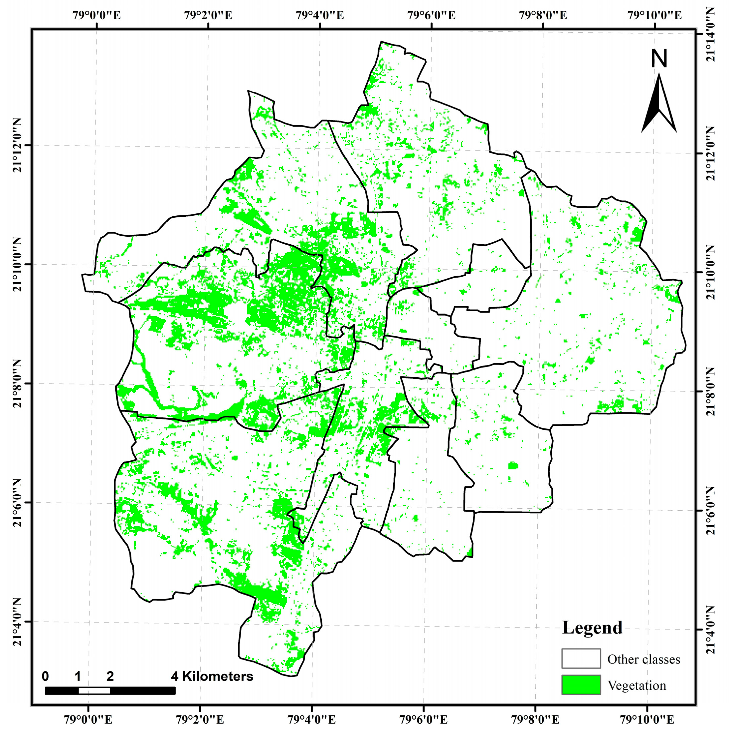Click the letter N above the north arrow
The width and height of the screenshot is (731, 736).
[659, 59]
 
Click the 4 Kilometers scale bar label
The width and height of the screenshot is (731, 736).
[212, 676]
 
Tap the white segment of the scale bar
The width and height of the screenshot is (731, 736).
[94, 691]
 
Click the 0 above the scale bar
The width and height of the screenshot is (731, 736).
[45, 676]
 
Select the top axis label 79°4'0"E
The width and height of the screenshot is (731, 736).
[320, 16]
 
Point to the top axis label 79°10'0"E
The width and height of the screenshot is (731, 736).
[654, 16]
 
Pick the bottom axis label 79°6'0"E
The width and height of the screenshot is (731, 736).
[423, 720]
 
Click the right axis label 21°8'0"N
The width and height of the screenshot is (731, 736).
[710, 392]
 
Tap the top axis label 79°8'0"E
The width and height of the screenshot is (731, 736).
[543, 16]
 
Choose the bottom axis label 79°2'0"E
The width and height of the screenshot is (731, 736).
[200, 720]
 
